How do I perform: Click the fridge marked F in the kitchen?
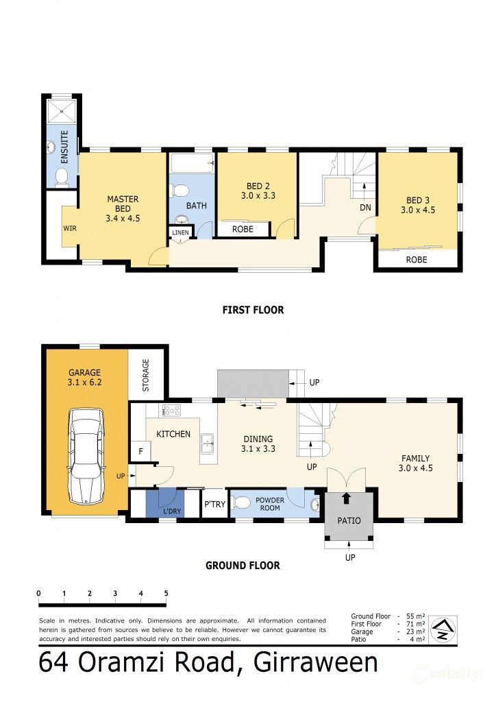(x=140, y=452)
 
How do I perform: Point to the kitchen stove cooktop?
(x=171, y=411)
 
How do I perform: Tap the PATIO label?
(x=349, y=520)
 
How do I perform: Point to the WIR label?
(x=69, y=227)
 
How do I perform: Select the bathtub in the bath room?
(x=192, y=164)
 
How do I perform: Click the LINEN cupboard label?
(x=180, y=233)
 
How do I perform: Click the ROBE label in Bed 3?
(x=417, y=260)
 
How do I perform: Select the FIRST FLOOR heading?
(x=253, y=310)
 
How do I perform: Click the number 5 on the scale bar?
(x=166, y=594)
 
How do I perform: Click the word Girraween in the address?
(x=316, y=663)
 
